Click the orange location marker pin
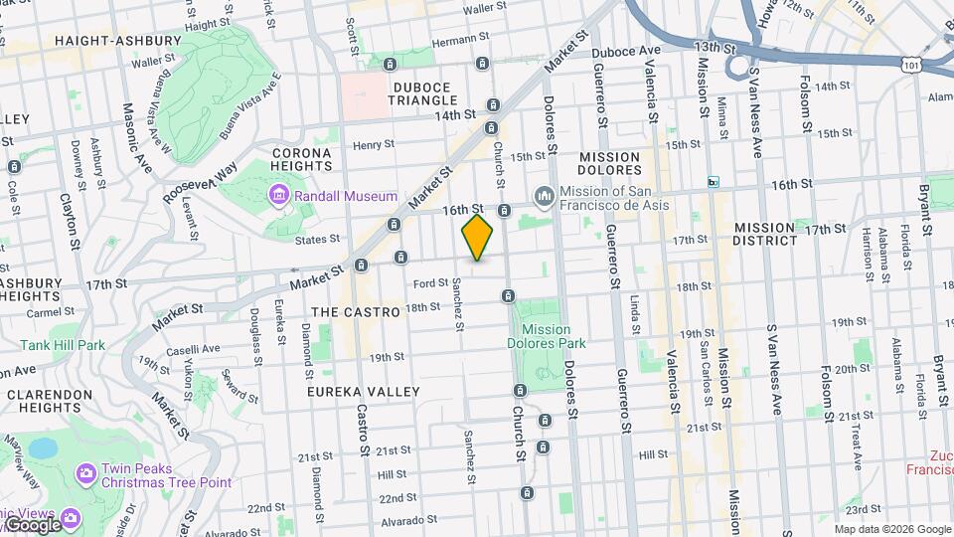coord(478,238)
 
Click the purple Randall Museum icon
coord(280,196)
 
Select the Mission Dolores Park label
coord(546,336)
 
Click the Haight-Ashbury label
coord(118,41)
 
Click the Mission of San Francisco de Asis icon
coord(544,194)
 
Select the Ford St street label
coord(428,284)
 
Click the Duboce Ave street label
coord(626,51)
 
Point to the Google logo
coord(32,524)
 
